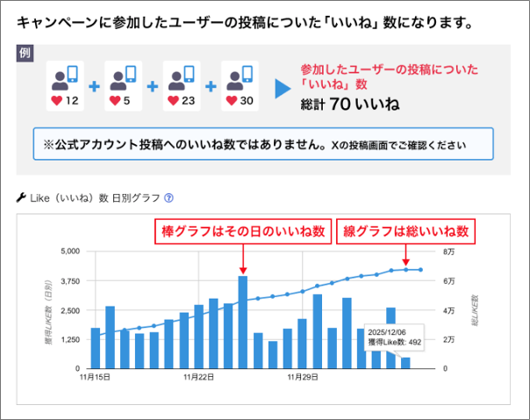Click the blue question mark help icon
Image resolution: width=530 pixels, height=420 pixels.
point(168,198)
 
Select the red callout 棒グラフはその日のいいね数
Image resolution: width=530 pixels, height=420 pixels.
point(242,232)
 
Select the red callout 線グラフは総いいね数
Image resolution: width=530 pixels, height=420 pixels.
point(405,232)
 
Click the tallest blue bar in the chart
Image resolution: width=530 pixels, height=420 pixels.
point(242,321)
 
